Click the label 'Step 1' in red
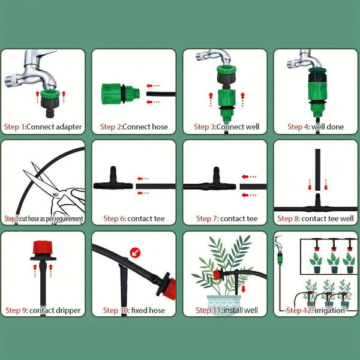click(x=14, y=127)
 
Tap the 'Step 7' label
click(x=206, y=219)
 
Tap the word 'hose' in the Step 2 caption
click(x=159, y=127)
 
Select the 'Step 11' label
click(x=209, y=310)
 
